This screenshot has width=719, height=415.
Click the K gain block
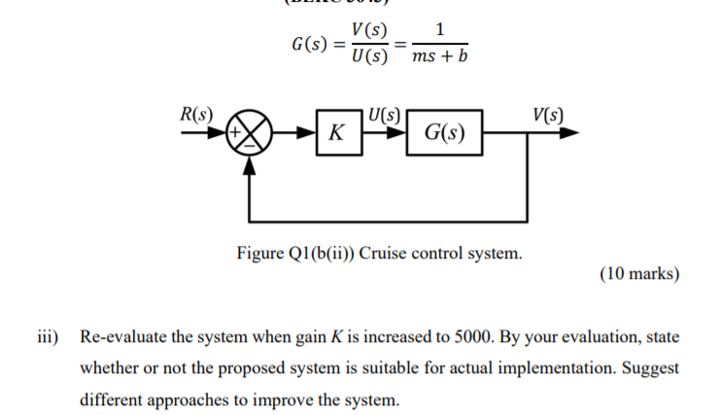point(335,134)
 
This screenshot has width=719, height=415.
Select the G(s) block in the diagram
point(443,134)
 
